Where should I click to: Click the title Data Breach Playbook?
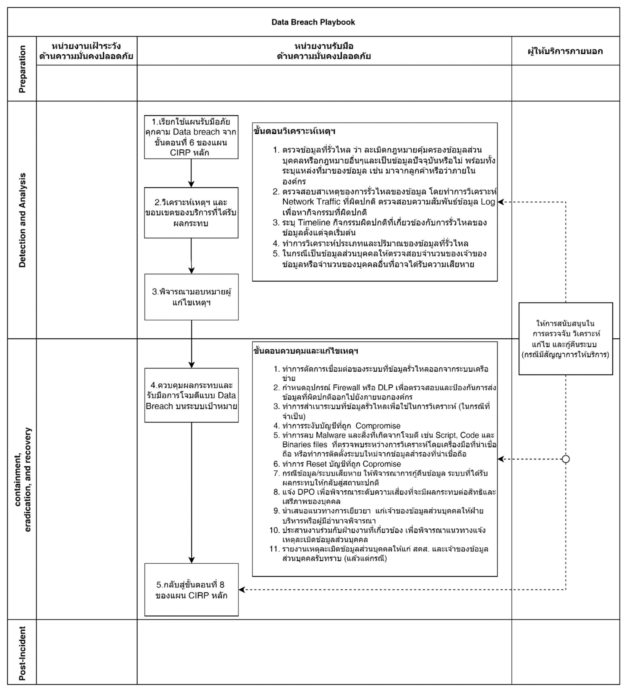pos(313,22)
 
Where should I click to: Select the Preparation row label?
pos(22,69)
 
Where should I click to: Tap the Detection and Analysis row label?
pos(22,220)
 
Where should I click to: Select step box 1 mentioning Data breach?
pos(191,137)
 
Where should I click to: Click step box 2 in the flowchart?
pos(191,212)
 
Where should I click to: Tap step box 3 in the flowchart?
pos(191,297)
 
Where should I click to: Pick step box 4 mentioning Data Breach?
pos(191,395)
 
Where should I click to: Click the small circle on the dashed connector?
pos(566,459)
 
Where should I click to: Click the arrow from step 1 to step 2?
pos(191,173)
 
